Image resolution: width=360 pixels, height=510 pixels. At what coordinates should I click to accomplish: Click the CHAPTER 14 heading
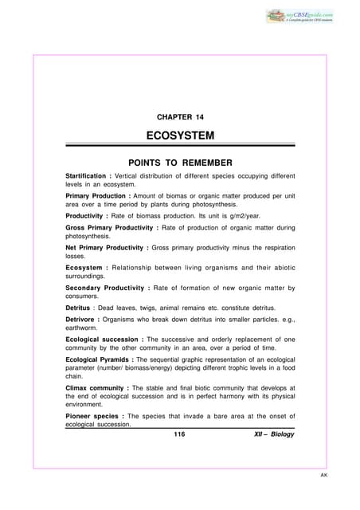179,117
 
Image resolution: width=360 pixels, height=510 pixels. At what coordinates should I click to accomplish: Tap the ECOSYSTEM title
179,138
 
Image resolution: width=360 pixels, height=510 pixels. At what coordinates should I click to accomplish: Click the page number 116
179,434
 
